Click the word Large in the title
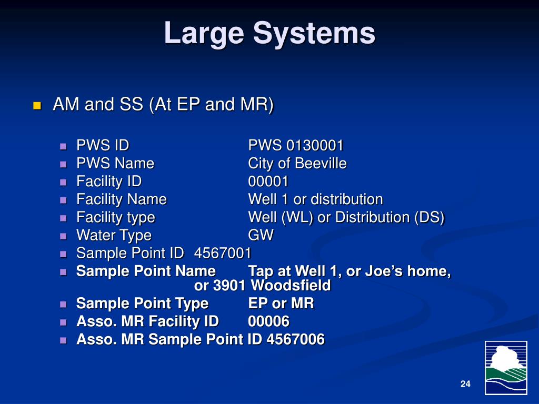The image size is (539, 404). [204, 34]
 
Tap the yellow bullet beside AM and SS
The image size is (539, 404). [37, 105]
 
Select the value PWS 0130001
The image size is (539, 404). [296, 146]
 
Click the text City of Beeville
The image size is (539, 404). [297, 164]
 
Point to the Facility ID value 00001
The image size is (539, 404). [268, 181]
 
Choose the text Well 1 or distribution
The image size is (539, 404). [315, 199]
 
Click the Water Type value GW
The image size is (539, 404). [261, 235]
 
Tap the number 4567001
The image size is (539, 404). [223, 253]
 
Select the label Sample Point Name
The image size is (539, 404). [146, 271]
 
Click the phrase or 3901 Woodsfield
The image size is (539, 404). [262, 286]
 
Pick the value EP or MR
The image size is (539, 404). [281, 304]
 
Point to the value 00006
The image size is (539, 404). [268, 321]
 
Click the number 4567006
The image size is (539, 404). [295, 339]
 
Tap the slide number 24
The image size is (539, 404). [465, 384]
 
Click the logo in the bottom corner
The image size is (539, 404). [505, 367]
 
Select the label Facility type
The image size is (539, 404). [115, 217]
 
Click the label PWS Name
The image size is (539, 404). [115, 164]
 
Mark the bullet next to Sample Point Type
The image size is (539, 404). [64, 304]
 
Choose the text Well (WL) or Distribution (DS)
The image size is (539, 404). [346, 217]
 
